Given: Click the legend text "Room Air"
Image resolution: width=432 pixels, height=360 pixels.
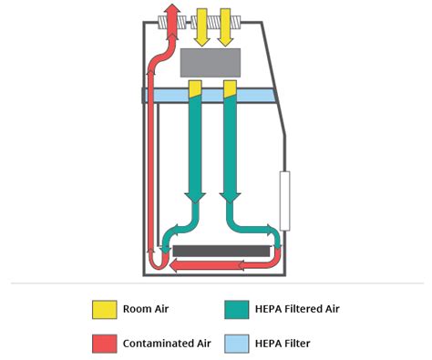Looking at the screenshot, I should (x=149, y=309).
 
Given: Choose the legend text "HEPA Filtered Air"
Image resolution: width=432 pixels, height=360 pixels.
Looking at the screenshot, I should (x=299, y=309).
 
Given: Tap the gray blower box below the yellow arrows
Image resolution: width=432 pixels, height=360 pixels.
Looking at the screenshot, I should (x=211, y=63).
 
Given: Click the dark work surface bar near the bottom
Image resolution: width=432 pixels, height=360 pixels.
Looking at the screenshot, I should (x=221, y=250).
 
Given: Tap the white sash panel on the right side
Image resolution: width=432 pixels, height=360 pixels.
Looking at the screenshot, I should (x=284, y=201).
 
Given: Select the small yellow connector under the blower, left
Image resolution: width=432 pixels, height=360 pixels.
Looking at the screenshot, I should (x=195, y=87).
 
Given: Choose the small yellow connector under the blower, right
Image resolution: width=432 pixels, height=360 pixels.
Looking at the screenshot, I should (x=230, y=87).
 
